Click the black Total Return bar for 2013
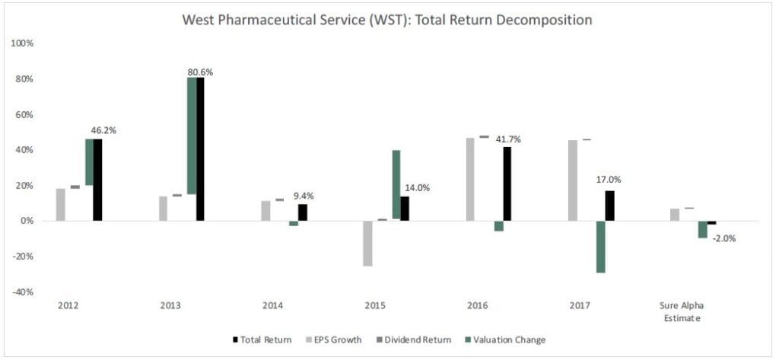[200, 148]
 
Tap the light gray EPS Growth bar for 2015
[367, 243]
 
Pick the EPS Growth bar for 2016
[470, 179]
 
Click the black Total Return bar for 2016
[507, 183]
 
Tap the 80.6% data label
[200, 72]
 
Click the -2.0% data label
[723, 237]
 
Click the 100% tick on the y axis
[22, 43]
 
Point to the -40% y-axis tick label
[22, 292]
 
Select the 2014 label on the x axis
[273, 306]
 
